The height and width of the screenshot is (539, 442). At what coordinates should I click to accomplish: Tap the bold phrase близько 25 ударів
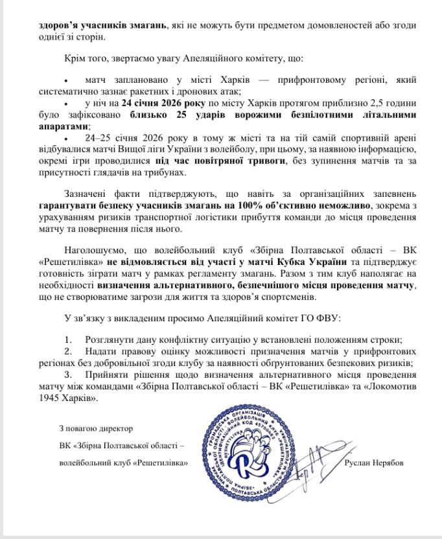[169, 116]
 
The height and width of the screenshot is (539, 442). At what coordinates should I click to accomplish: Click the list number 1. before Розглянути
[69, 339]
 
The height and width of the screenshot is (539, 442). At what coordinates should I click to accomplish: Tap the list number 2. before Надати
[69, 351]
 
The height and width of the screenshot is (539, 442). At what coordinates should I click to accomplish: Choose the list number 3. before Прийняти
[69, 374]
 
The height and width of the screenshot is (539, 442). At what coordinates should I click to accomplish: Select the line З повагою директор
[95, 428]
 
